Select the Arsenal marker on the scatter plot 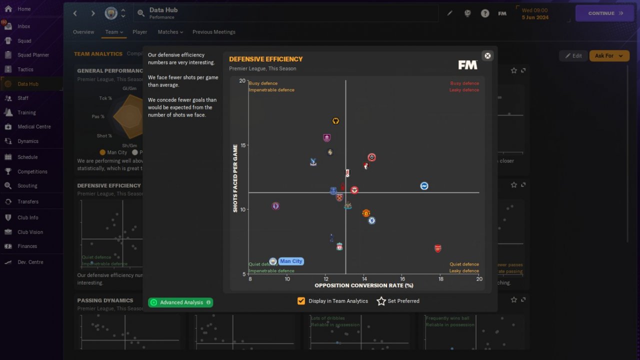click(438, 248)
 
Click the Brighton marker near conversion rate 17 click(424, 186)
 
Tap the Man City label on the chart click(291, 261)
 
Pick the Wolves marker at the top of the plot click(336, 121)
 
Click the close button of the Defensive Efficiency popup click(487, 55)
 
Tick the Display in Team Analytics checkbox click(301, 301)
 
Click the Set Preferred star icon click(381, 301)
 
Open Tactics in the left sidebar click(25, 69)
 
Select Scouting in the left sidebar click(27, 185)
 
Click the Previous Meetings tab click(213, 32)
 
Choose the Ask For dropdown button click(609, 56)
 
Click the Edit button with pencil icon click(573, 56)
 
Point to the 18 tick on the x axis click(440, 278)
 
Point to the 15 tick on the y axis click(242, 145)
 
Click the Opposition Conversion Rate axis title click(363, 285)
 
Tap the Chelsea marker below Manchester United click(371, 220)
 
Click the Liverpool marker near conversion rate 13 click(339, 247)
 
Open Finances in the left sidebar click(27, 246)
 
